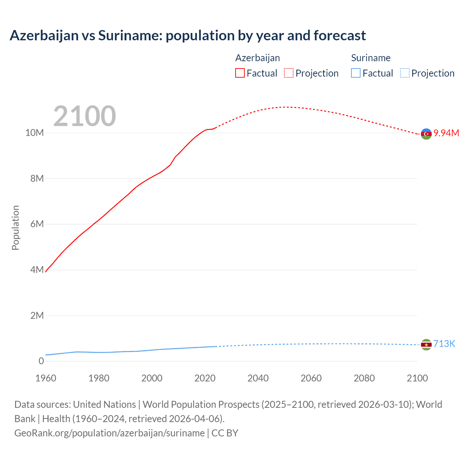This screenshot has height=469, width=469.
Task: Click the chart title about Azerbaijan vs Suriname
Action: pos(188,36)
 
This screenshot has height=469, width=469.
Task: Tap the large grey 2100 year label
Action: pos(85,116)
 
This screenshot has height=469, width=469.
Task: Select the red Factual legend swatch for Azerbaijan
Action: pos(240,73)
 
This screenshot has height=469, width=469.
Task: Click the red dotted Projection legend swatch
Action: pos(289,73)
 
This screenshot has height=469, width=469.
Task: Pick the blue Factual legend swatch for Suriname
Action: pos(355,73)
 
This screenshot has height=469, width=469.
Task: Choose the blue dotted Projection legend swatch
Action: pos(405,73)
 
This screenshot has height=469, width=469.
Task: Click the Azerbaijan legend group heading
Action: pos(257,58)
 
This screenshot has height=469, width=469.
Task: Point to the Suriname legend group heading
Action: pos(370,58)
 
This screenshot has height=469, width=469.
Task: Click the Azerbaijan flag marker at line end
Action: pos(426,134)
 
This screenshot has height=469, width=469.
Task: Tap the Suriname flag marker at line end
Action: pos(426,344)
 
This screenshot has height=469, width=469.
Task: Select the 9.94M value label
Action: pos(446,133)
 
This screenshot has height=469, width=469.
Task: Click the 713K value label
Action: pos(444,344)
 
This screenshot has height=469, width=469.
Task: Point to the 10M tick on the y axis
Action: pos(34,133)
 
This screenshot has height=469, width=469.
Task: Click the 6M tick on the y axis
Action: pos(37,224)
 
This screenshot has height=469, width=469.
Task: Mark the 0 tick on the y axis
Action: pos(41,361)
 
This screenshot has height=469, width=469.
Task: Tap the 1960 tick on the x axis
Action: pos(46,378)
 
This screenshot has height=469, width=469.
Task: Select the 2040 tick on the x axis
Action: pos(258,378)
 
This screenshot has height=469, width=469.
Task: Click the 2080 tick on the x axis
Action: pos(364,378)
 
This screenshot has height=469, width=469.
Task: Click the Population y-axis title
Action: pos(15,228)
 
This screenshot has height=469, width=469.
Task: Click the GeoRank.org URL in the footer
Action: pos(109,433)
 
